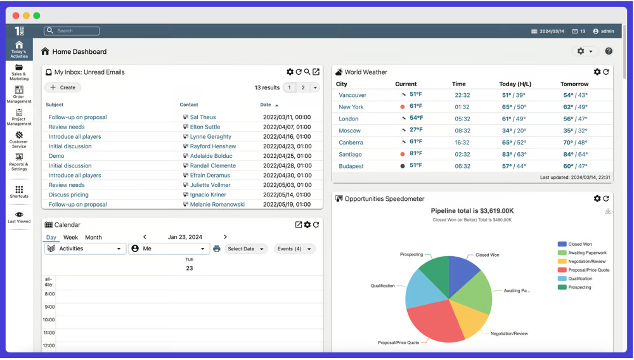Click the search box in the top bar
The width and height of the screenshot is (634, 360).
72,30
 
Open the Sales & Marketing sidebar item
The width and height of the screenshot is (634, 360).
19,72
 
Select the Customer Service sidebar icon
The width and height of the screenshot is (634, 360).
19,139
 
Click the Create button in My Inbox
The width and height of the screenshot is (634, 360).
63,87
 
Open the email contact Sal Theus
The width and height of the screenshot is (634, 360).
203,117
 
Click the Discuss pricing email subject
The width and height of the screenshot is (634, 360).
68,195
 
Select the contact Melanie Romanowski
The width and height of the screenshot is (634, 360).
217,205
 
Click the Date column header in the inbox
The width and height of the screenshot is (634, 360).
266,105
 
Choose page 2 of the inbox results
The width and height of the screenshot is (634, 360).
303,87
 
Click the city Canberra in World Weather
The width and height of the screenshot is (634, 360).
351,143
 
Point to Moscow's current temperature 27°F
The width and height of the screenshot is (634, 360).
416,130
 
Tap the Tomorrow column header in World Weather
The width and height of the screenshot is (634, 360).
574,84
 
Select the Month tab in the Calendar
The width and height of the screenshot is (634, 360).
93,237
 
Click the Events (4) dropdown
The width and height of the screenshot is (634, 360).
294,249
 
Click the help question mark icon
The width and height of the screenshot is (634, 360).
609,51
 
